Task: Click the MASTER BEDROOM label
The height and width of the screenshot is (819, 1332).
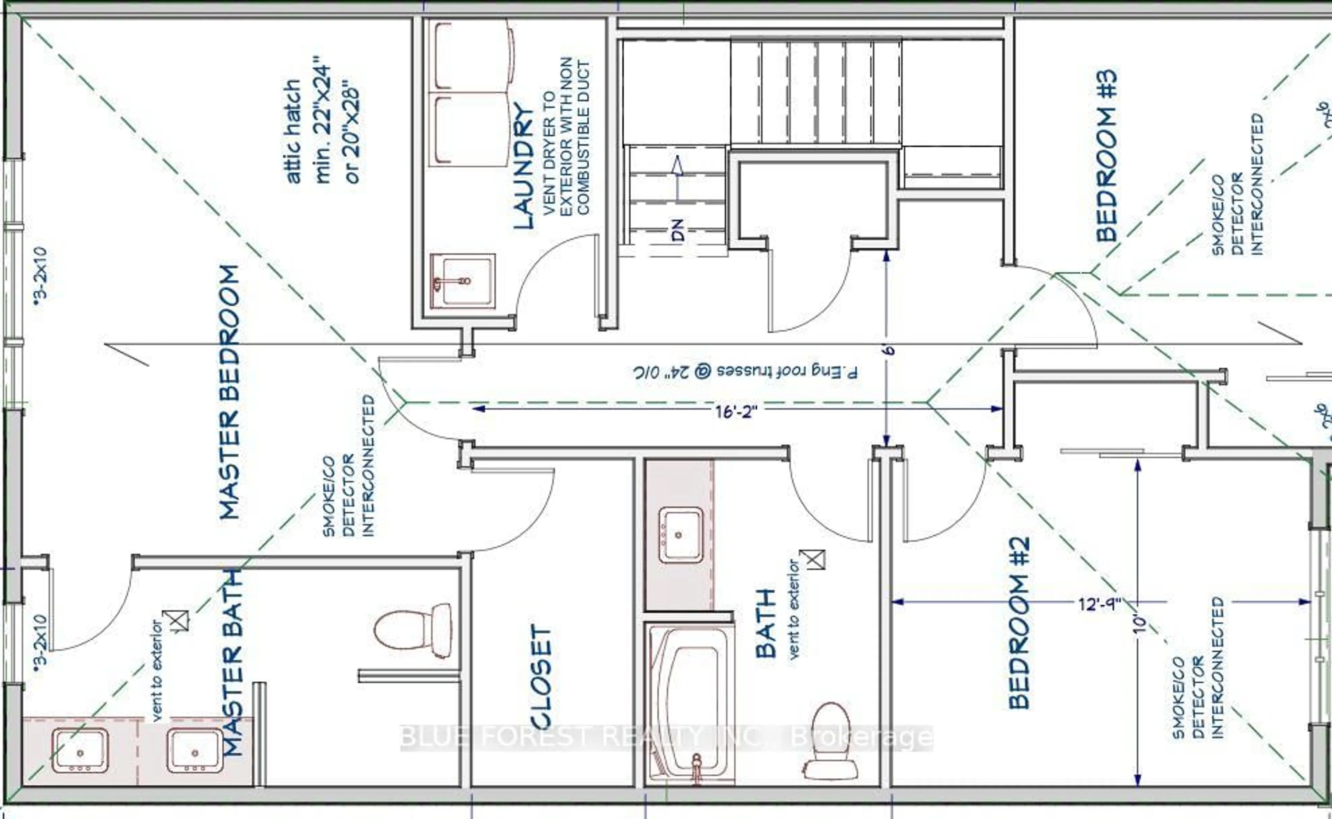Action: (230, 392)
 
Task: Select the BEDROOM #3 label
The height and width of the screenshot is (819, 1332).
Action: (1106, 156)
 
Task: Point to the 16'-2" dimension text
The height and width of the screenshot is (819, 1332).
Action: (736, 412)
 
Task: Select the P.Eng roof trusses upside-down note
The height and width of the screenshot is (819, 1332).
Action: (746, 372)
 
